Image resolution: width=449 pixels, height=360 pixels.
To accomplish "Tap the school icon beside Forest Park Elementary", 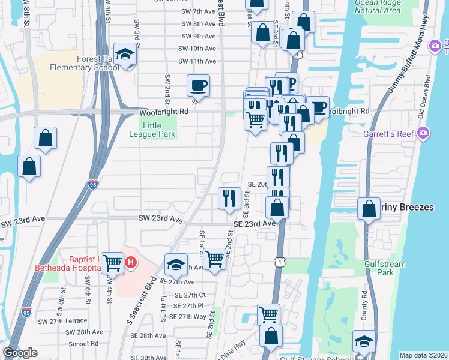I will (125, 55).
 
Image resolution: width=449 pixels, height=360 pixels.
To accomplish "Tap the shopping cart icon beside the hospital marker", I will (113, 262).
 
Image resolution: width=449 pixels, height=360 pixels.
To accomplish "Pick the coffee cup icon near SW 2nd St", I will (198, 85).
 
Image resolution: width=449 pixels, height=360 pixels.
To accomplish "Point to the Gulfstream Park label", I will (385, 268).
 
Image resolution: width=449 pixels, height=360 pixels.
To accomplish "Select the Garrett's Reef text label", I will (388, 134).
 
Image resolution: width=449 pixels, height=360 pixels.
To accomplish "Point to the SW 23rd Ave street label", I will (160, 220).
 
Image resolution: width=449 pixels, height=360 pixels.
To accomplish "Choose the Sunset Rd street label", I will (83, 344).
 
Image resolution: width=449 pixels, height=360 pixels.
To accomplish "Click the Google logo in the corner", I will (20, 353).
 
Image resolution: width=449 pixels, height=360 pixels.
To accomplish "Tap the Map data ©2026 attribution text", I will (423, 355).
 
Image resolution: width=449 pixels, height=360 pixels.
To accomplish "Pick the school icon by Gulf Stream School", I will (364, 341).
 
